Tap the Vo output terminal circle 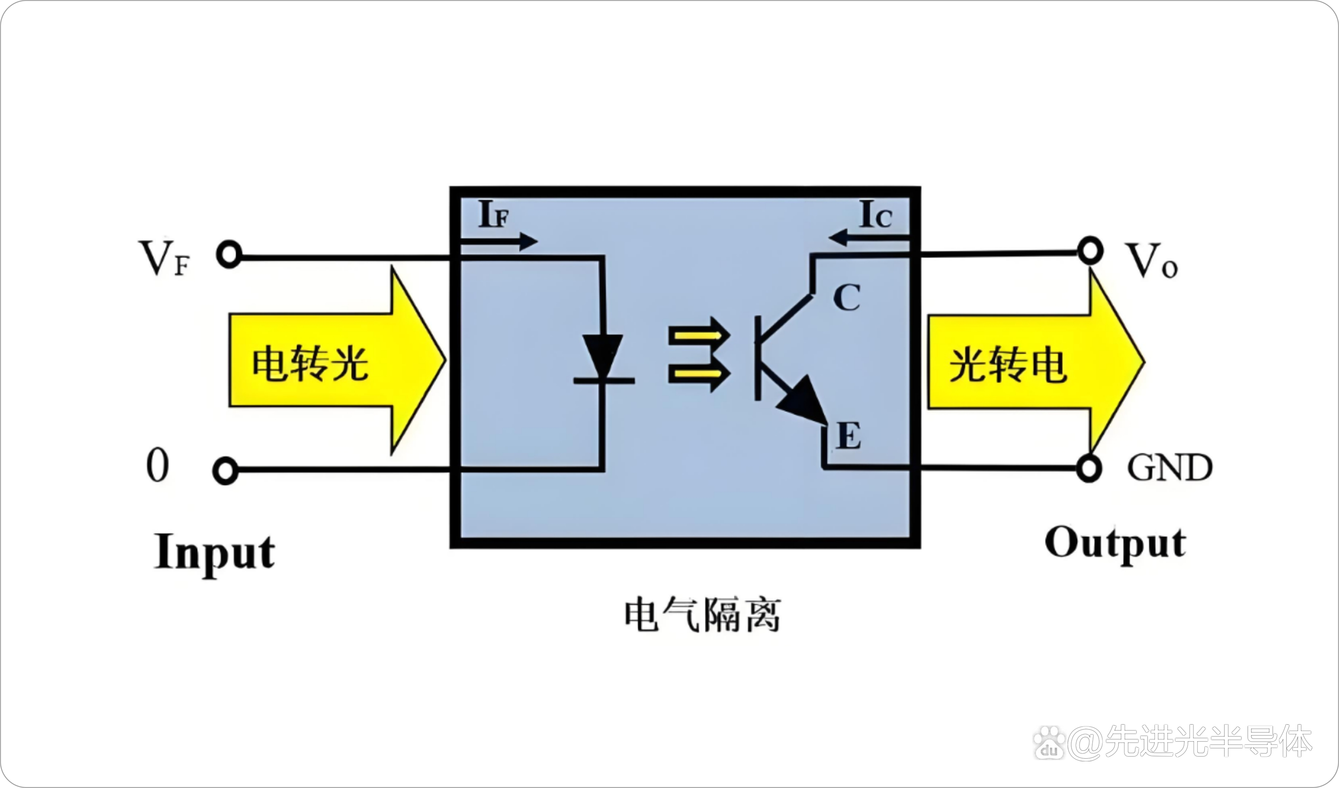coord(1090,250)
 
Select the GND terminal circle coord(1089,468)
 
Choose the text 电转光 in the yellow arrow coord(310,364)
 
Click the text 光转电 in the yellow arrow coord(1008,365)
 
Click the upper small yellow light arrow coord(699,336)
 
